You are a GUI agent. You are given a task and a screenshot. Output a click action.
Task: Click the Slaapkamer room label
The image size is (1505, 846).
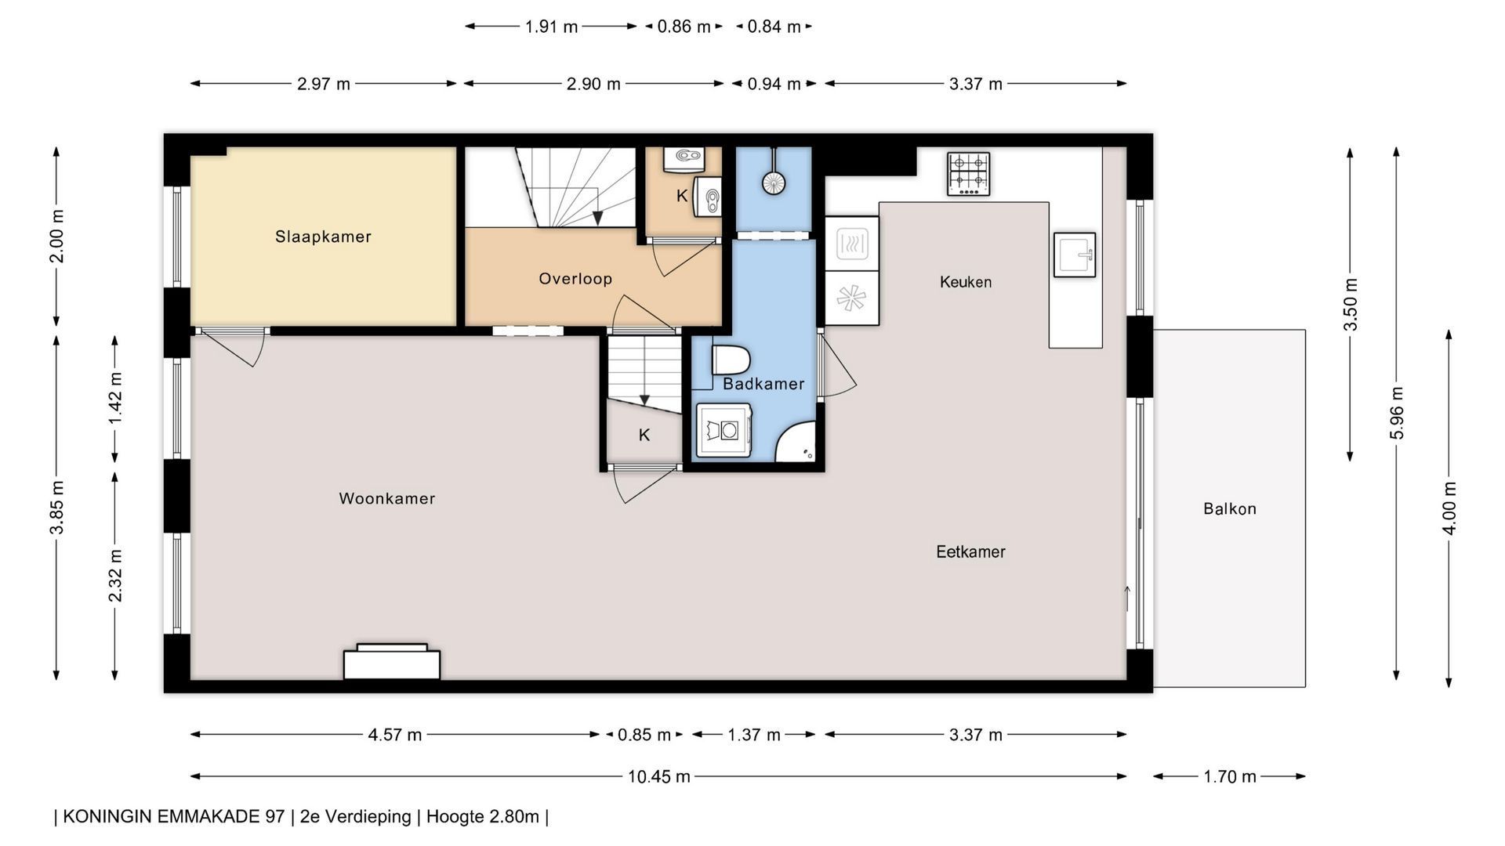point(323,237)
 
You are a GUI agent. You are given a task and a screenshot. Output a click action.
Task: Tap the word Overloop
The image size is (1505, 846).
point(575,279)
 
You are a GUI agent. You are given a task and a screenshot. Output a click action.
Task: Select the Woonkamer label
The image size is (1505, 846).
point(387,498)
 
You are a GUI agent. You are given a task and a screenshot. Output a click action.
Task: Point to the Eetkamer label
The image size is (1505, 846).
point(970,551)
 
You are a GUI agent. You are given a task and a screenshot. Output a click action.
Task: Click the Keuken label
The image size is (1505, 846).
point(966,282)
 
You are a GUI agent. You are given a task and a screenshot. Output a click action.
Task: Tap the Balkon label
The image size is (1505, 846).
point(1230,509)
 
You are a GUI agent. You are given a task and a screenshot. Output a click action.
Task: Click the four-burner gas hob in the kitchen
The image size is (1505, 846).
point(968,174)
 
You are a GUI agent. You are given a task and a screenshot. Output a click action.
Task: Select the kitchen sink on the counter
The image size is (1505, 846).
point(1074,255)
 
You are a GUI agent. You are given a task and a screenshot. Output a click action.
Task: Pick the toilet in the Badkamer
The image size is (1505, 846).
point(731,360)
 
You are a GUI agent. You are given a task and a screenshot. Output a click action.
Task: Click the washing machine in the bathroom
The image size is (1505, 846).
point(723,430)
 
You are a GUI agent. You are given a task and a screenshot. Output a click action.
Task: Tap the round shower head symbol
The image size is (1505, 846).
point(774,183)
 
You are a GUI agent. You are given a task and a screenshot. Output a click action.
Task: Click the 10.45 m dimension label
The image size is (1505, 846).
point(658,776)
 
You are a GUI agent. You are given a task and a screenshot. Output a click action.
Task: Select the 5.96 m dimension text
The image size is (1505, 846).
point(1396,413)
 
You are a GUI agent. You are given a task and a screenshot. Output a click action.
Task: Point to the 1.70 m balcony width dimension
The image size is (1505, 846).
point(1230,776)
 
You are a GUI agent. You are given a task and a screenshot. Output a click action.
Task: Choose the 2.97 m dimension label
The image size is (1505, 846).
point(324,84)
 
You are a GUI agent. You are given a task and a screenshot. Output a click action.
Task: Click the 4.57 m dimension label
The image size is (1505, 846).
point(395,735)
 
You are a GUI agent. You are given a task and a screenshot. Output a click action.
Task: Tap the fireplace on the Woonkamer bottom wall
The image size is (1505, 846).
point(392,662)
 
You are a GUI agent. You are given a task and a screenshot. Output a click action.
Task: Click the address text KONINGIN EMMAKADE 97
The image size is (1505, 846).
point(173,816)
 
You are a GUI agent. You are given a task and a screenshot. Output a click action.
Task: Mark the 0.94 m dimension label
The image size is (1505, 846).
point(774,84)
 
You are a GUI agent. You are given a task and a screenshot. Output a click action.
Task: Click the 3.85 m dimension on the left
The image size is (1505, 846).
point(56,508)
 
